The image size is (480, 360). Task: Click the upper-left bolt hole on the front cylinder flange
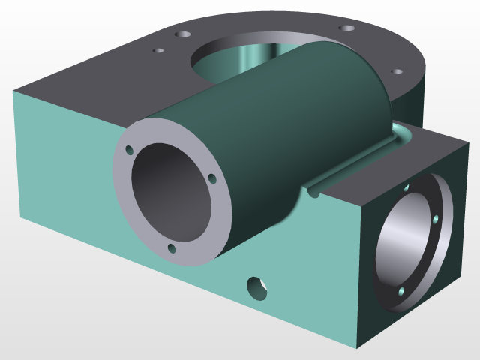coord(129,150)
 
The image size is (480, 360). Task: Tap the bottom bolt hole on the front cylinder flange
coord(172,247)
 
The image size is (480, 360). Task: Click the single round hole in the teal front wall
coord(257,286)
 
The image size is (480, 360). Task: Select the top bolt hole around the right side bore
coord(406,188)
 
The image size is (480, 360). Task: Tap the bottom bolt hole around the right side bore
coord(401,289)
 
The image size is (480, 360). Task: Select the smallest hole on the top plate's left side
coord(158,51)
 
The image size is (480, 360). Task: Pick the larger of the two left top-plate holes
coord(181,34)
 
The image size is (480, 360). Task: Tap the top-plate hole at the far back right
coord(346,28)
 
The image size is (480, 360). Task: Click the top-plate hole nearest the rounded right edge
coord(397,73)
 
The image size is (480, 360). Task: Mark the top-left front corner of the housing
coord(13,91)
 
